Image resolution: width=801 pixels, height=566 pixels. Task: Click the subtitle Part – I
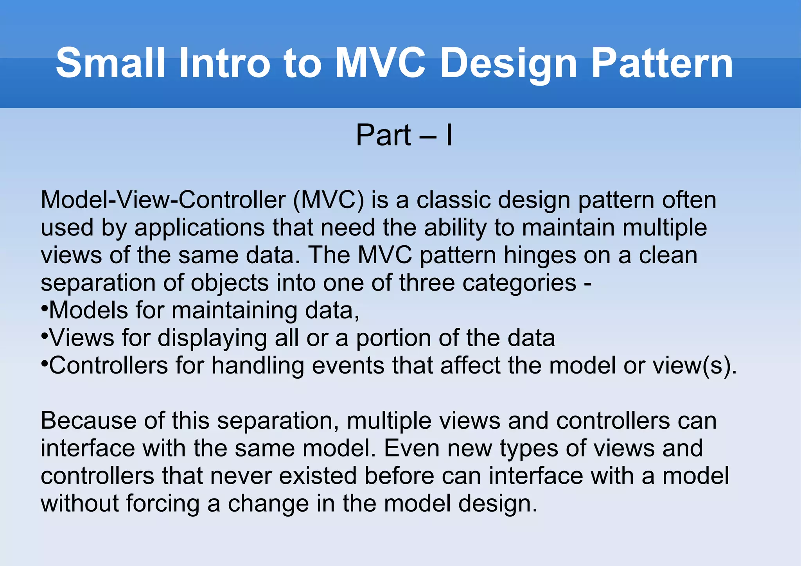click(404, 135)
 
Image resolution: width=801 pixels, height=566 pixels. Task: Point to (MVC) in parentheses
click(328, 200)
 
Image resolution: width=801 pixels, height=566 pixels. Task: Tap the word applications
click(199, 228)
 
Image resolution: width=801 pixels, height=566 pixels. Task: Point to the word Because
click(88, 421)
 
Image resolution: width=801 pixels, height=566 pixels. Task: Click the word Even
click(411, 449)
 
